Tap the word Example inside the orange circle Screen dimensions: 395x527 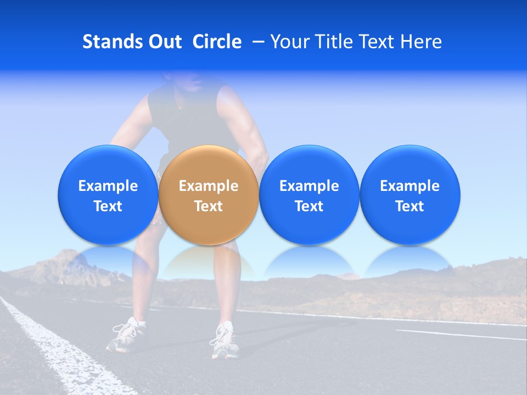(209, 186)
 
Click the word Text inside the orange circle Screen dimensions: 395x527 (209, 206)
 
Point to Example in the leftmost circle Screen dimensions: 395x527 (108, 186)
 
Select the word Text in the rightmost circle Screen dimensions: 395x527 (410, 206)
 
